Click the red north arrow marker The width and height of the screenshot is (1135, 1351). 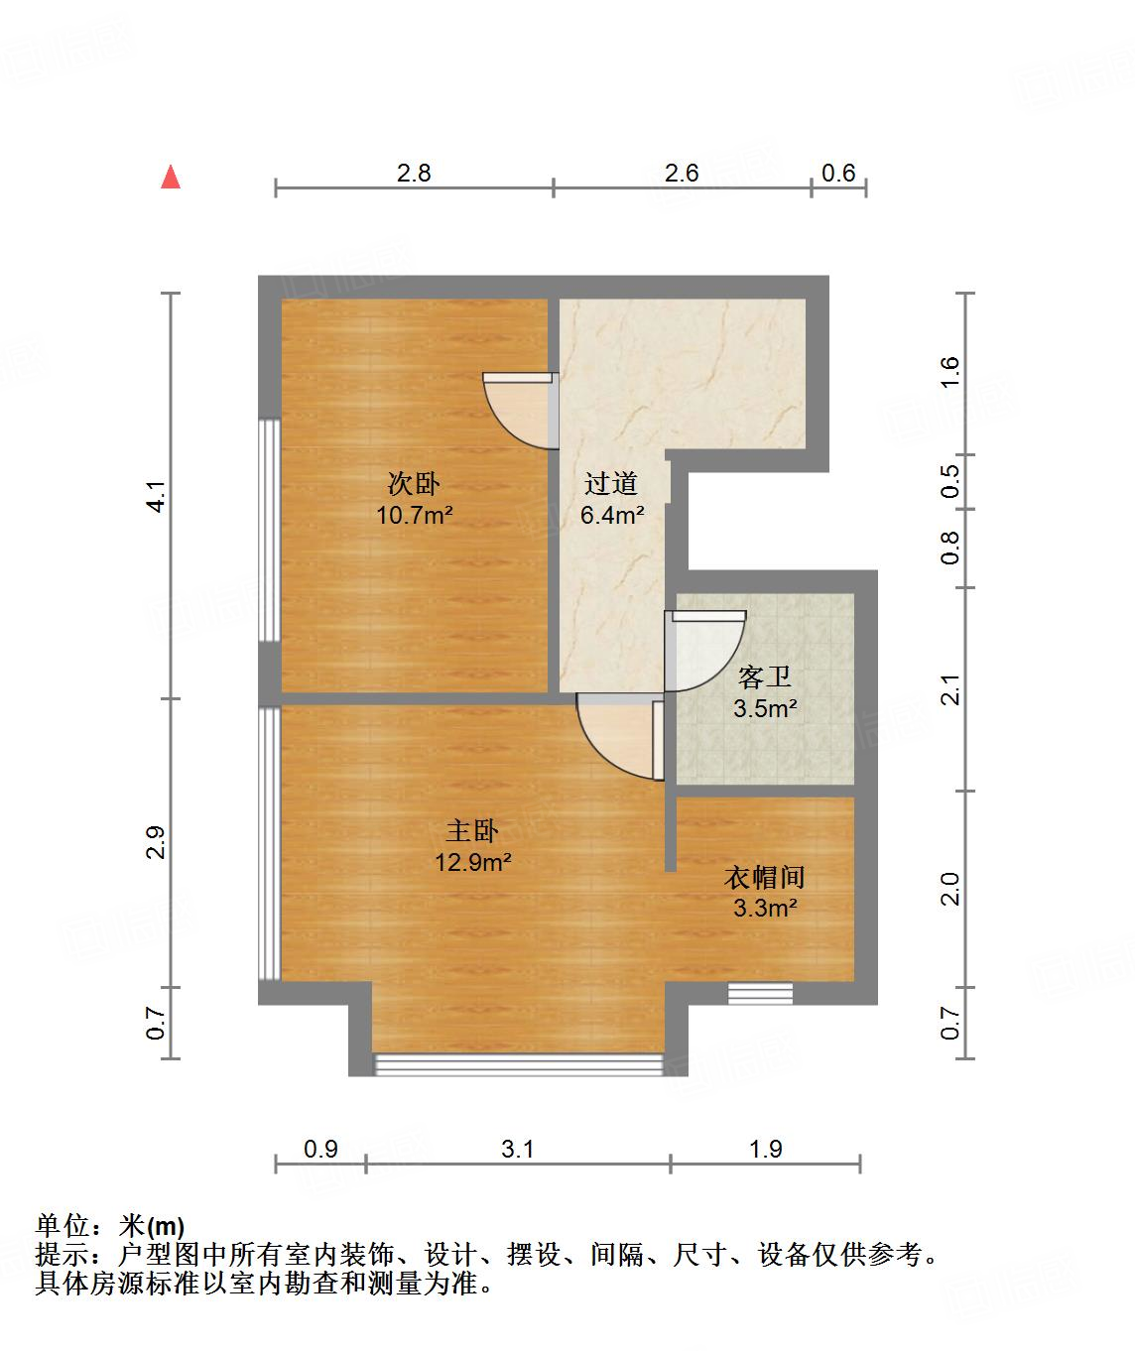[x=171, y=177]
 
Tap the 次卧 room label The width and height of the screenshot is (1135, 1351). [x=414, y=484]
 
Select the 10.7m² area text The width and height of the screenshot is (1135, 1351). [x=414, y=515]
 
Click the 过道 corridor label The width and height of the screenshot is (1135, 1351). [x=611, y=484]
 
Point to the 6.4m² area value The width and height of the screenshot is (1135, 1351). [x=611, y=515]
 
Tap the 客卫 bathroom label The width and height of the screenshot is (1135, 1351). [x=765, y=677]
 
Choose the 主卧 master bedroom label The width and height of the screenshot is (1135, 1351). [x=472, y=830]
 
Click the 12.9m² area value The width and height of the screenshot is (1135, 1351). [x=472, y=862]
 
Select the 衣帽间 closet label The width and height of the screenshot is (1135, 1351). [x=765, y=877]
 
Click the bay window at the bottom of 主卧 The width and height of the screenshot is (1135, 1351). [x=518, y=1064]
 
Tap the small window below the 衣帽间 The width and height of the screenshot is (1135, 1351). [x=759, y=992]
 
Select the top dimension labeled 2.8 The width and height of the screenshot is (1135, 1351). [x=414, y=173]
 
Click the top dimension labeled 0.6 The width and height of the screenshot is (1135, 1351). [x=838, y=173]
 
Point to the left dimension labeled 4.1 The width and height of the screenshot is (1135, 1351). [x=155, y=496]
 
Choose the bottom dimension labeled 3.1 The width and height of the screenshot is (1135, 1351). [x=518, y=1149]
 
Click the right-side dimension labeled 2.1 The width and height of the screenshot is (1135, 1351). [x=950, y=689]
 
